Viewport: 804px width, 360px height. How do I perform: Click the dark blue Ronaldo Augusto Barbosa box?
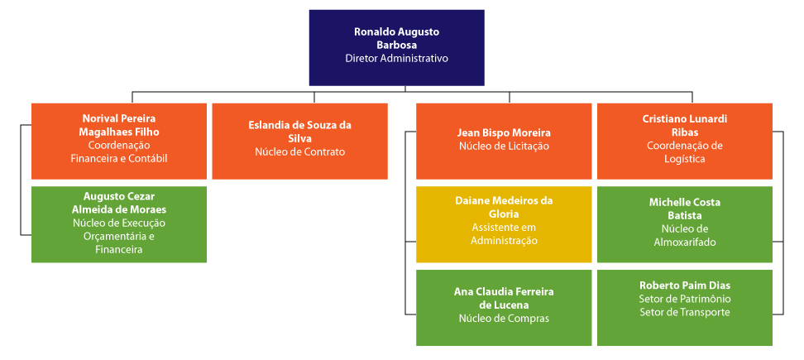396,47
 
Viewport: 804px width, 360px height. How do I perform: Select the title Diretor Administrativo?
396,59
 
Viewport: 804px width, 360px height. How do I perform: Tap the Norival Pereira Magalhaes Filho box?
119,141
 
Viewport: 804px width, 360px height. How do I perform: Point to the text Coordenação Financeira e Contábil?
119,151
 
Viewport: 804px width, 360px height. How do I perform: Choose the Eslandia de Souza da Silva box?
299,141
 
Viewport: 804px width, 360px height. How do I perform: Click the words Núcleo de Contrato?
299,151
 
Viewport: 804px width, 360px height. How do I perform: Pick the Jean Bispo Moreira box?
504,141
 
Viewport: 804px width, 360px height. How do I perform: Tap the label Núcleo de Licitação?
504,146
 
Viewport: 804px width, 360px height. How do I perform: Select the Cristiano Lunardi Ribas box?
684,141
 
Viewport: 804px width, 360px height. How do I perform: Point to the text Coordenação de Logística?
684,151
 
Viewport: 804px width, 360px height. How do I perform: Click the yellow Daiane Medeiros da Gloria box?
504,224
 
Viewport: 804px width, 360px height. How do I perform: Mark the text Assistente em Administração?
504,234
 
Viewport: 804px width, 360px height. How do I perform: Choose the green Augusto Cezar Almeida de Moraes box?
119,224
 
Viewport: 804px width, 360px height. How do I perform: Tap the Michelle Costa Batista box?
684,224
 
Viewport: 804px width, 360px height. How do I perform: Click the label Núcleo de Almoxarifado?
684,235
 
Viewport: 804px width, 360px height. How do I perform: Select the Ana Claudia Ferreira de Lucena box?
504,307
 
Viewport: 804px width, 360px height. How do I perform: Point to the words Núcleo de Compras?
504,318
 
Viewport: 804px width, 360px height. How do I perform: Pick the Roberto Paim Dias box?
684,307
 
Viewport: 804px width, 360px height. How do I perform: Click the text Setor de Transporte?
684,312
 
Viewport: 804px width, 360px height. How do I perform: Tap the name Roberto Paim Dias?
684,285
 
